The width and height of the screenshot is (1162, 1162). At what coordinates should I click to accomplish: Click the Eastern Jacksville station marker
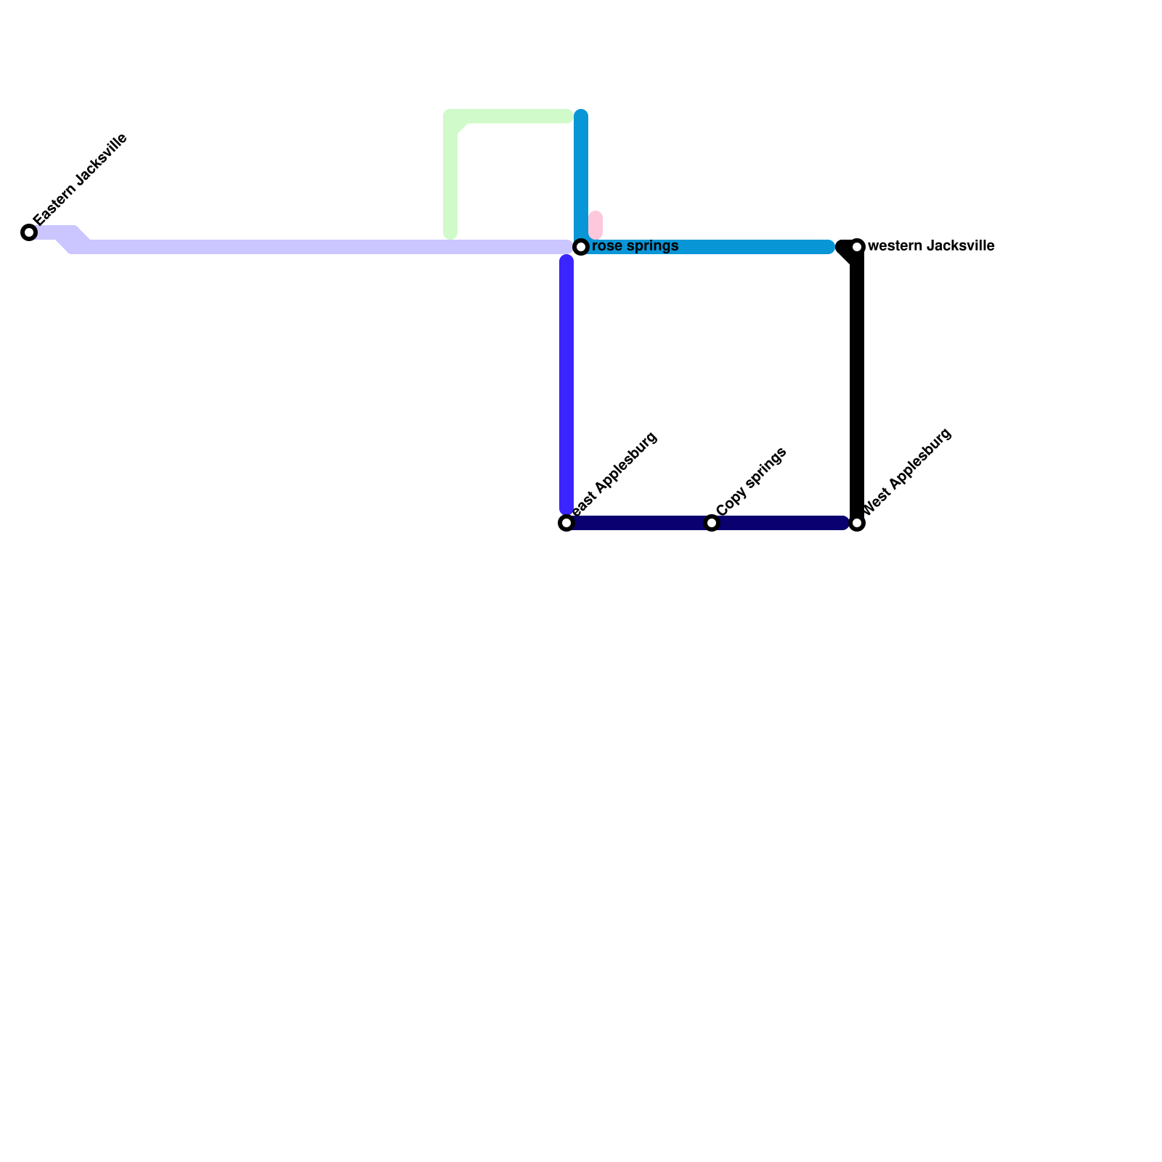click(29, 232)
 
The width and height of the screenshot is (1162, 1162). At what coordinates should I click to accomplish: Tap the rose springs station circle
click(581, 247)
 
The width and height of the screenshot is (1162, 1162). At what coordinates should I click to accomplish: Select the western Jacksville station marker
click(857, 247)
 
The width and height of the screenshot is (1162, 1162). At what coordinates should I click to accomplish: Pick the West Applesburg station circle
click(857, 523)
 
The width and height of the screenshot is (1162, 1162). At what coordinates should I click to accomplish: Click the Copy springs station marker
click(712, 523)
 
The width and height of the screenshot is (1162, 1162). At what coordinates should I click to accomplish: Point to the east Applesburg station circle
click(566, 523)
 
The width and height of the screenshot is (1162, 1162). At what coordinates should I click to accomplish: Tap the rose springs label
click(635, 246)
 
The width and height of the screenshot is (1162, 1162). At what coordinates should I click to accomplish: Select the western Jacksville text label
click(930, 246)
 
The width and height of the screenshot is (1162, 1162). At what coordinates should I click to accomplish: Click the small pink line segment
click(596, 225)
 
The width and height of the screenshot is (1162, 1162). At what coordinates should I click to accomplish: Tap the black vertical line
click(857, 385)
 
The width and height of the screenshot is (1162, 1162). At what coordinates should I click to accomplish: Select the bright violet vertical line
click(566, 385)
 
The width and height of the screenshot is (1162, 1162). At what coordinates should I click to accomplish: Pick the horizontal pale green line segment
click(516, 116)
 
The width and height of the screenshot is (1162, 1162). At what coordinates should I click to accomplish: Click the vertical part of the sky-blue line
click(581, 174)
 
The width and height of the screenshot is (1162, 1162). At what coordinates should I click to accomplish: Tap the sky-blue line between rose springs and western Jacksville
click(712, 247)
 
